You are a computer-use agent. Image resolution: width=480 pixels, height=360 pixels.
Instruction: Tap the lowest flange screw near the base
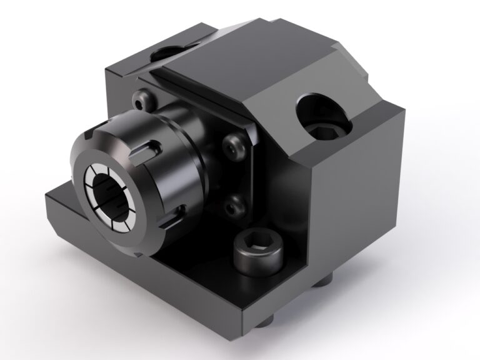coord(234,203)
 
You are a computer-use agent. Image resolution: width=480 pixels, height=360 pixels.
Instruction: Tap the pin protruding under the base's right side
coord(323,283)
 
